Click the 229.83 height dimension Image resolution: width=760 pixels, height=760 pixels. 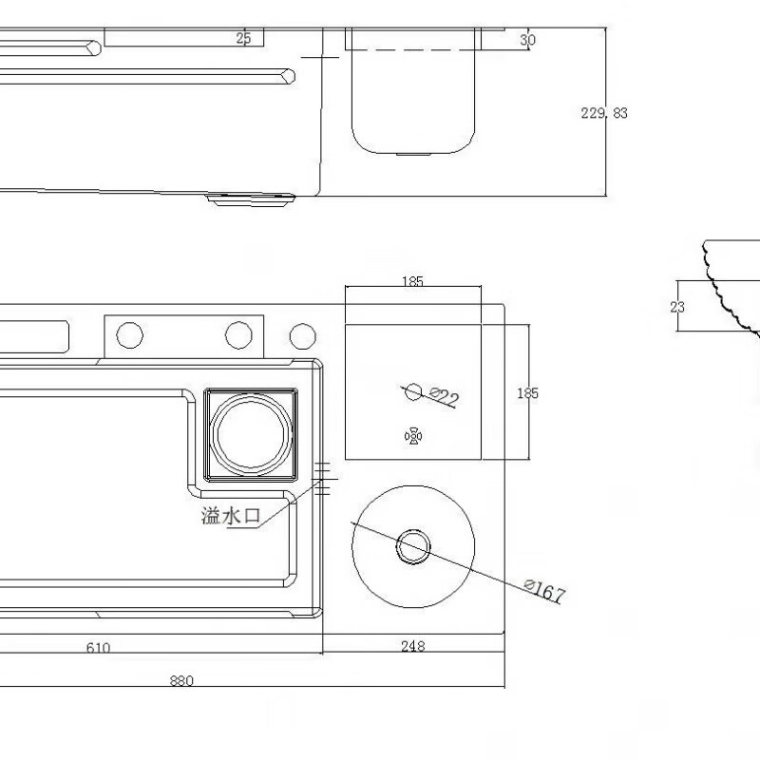point(604,113)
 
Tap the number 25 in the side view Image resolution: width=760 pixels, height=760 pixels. point(243,38)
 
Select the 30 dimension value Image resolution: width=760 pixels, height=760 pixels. point(528,40)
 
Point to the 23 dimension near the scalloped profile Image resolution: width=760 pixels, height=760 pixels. point(676,306)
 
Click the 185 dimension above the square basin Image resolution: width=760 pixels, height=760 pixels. point(412,281)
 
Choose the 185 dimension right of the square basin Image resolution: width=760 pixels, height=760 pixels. point(527,393)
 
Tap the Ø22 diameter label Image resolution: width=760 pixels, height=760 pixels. point(445,397)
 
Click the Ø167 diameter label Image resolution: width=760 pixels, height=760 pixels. point(544,592)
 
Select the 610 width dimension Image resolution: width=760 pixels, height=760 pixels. point(98,648)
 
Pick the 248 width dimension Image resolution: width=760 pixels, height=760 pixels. point(412,647)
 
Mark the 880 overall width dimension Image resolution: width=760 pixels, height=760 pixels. point(180,680)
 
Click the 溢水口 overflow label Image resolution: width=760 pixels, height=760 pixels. point(231,516)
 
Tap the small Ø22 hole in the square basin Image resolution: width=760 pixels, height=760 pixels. point(413,390)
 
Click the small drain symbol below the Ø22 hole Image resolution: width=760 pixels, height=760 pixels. point(413,436)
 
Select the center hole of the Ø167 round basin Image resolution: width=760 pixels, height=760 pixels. point(413,545)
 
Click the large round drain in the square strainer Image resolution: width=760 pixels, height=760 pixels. point(249,433)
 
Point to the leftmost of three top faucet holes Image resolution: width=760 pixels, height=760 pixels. point(129,334)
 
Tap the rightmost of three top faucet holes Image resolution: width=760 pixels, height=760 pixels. point(302,335)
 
